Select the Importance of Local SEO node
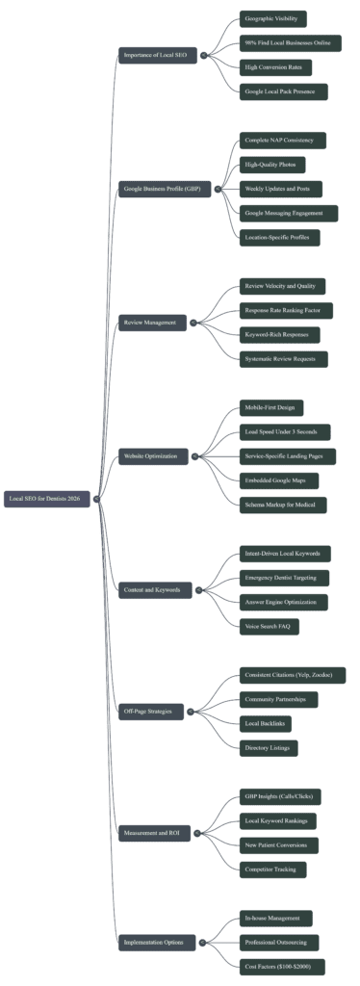[158, 56]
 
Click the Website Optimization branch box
[154, 454]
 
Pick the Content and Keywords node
[154, 587]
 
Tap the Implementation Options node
[155, 941]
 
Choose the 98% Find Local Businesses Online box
[290, 43]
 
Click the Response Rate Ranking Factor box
[288, 310]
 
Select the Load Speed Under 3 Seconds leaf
[286, 431]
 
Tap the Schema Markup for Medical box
[284, 504]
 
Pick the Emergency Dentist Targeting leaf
[286, 578]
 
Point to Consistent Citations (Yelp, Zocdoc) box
[293, 675]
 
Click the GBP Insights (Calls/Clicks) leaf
[280, 796]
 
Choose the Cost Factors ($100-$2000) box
[284, 965]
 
